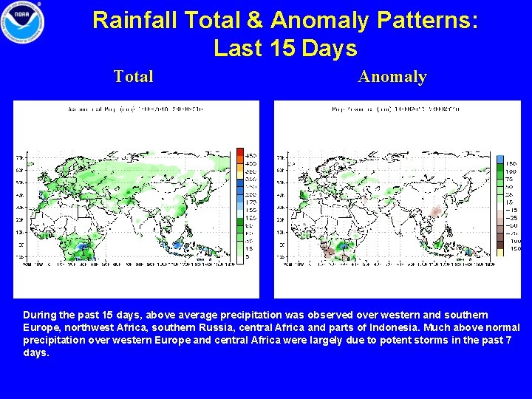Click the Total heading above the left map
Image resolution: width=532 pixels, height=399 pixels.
click(134, 76)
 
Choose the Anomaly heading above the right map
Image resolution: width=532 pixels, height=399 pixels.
click(392, 76)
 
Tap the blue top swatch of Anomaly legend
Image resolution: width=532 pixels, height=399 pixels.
click(501, 161)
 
